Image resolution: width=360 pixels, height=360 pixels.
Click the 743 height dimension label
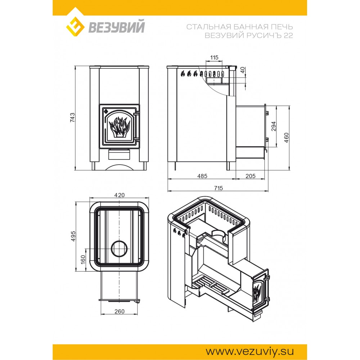(72, 118)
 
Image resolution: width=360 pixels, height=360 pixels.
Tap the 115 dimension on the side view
(214, 57)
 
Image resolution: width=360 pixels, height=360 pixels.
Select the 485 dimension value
(202, 176)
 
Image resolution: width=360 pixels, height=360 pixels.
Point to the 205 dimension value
(250, 176)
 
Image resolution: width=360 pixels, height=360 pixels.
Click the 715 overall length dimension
(219, 188)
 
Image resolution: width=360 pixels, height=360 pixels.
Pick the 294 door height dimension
(274, 126)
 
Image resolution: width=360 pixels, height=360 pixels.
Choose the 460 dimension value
(286, 138)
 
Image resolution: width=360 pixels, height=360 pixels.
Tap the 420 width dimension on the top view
(120, 195)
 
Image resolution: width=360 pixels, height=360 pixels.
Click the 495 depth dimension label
(73, 236)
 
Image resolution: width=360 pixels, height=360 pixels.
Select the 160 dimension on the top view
(83, 260)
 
